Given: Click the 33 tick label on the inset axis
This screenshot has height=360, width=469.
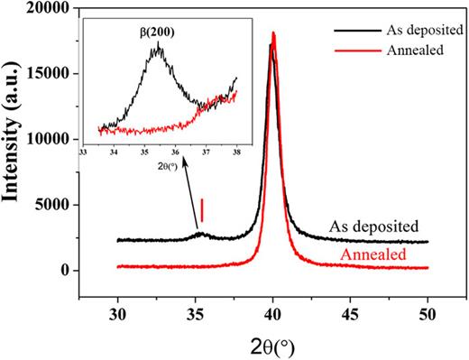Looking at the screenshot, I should tap(83, 153).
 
